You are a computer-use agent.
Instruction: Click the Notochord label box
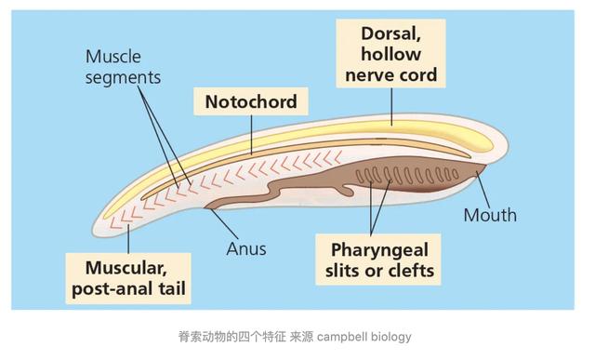250,101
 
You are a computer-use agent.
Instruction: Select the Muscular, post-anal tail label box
128,278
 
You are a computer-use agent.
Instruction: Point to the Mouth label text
490,215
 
